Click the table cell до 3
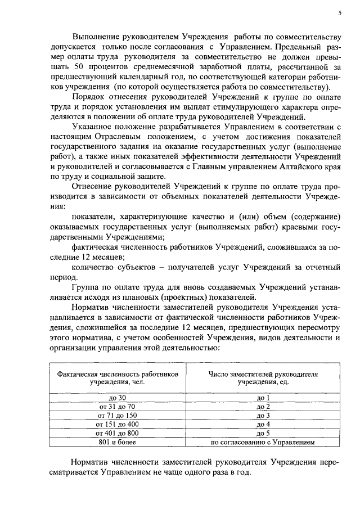point(263,415)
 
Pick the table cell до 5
point(263,433)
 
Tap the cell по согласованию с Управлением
point(263,442)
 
